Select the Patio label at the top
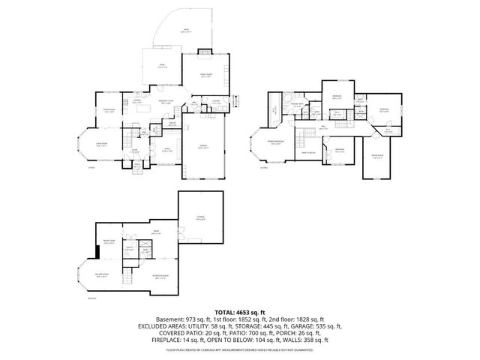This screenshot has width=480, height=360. [x=186, y=31]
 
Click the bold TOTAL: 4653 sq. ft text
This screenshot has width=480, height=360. [x=240, y=311]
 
